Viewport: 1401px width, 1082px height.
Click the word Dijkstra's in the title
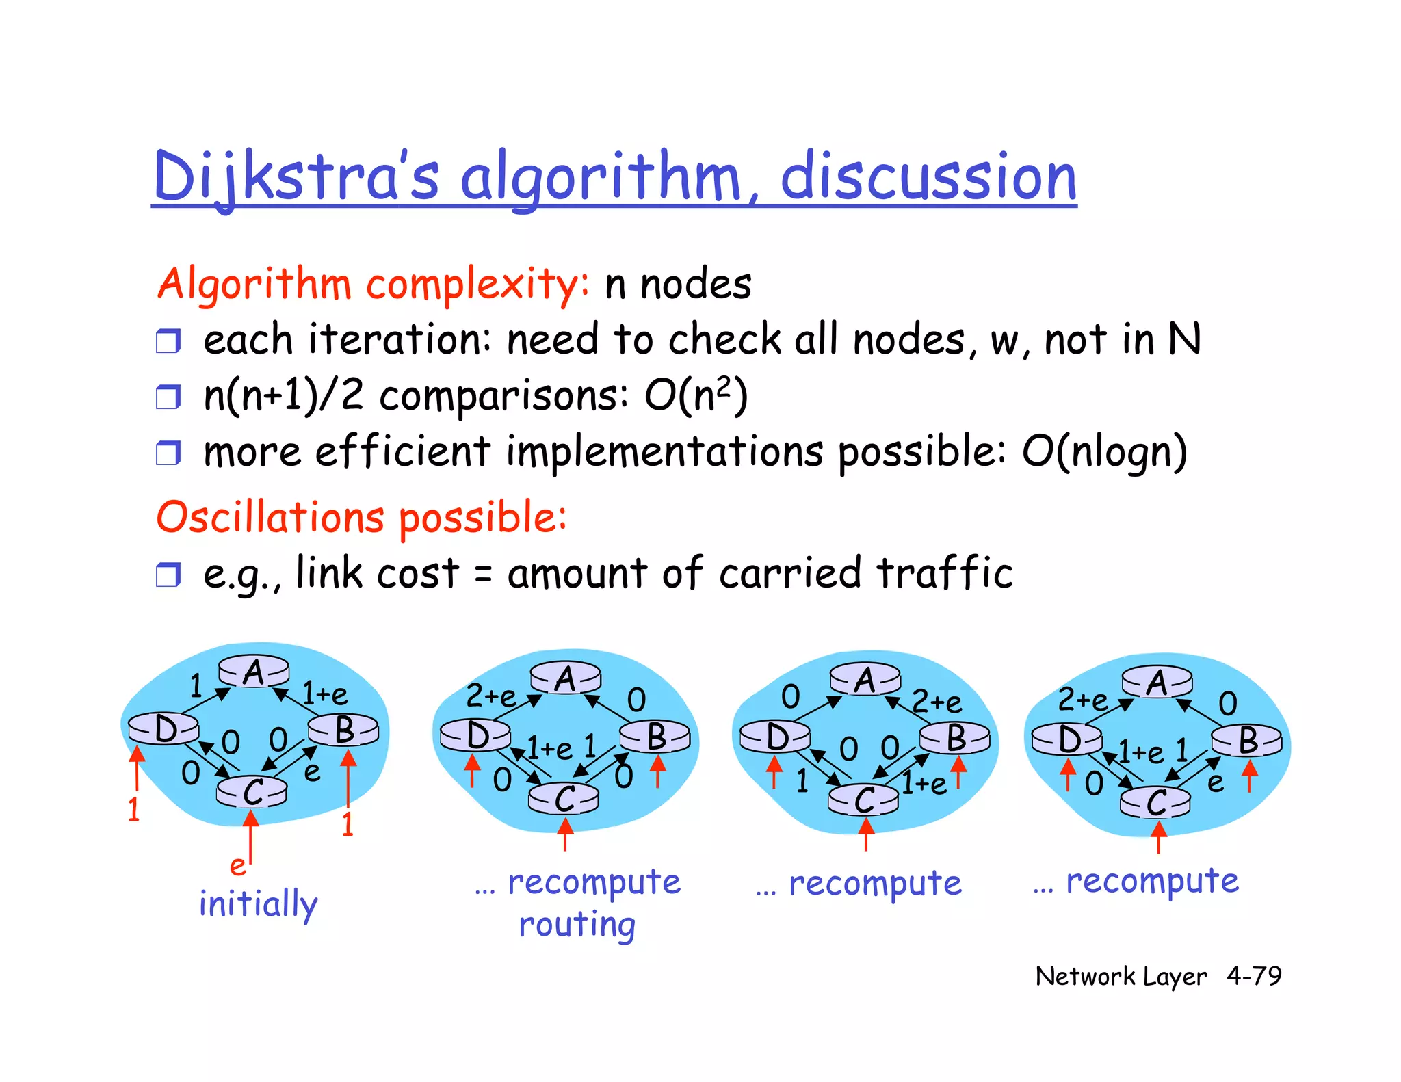[296, 177]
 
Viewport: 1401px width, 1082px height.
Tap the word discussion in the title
[928, 177]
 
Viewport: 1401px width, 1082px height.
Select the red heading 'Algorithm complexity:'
[373, 284]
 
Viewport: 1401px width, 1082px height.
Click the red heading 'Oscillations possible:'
[361, 517]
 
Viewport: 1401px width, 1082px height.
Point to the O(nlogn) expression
[1104, 452]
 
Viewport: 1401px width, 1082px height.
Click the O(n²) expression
[696, 395]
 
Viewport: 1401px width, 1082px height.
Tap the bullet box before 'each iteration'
[168, 341]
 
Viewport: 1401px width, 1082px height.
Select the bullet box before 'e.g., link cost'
[168, 575]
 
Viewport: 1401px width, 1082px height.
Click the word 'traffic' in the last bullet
[944, 573]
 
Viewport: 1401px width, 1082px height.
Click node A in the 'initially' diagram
[254, 672]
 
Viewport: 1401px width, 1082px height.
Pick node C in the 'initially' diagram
[252, 793]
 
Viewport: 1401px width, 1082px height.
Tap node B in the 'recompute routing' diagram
[655, 737]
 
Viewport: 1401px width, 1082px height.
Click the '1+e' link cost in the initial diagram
[325, 694]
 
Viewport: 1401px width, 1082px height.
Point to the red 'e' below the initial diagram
[237, 866]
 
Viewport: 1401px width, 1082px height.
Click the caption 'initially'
[259, 904]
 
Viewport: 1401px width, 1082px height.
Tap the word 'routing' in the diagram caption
[577, 925]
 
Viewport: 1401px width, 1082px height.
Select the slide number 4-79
[1254, 976]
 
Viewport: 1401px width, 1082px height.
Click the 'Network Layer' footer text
[1121, 977]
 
